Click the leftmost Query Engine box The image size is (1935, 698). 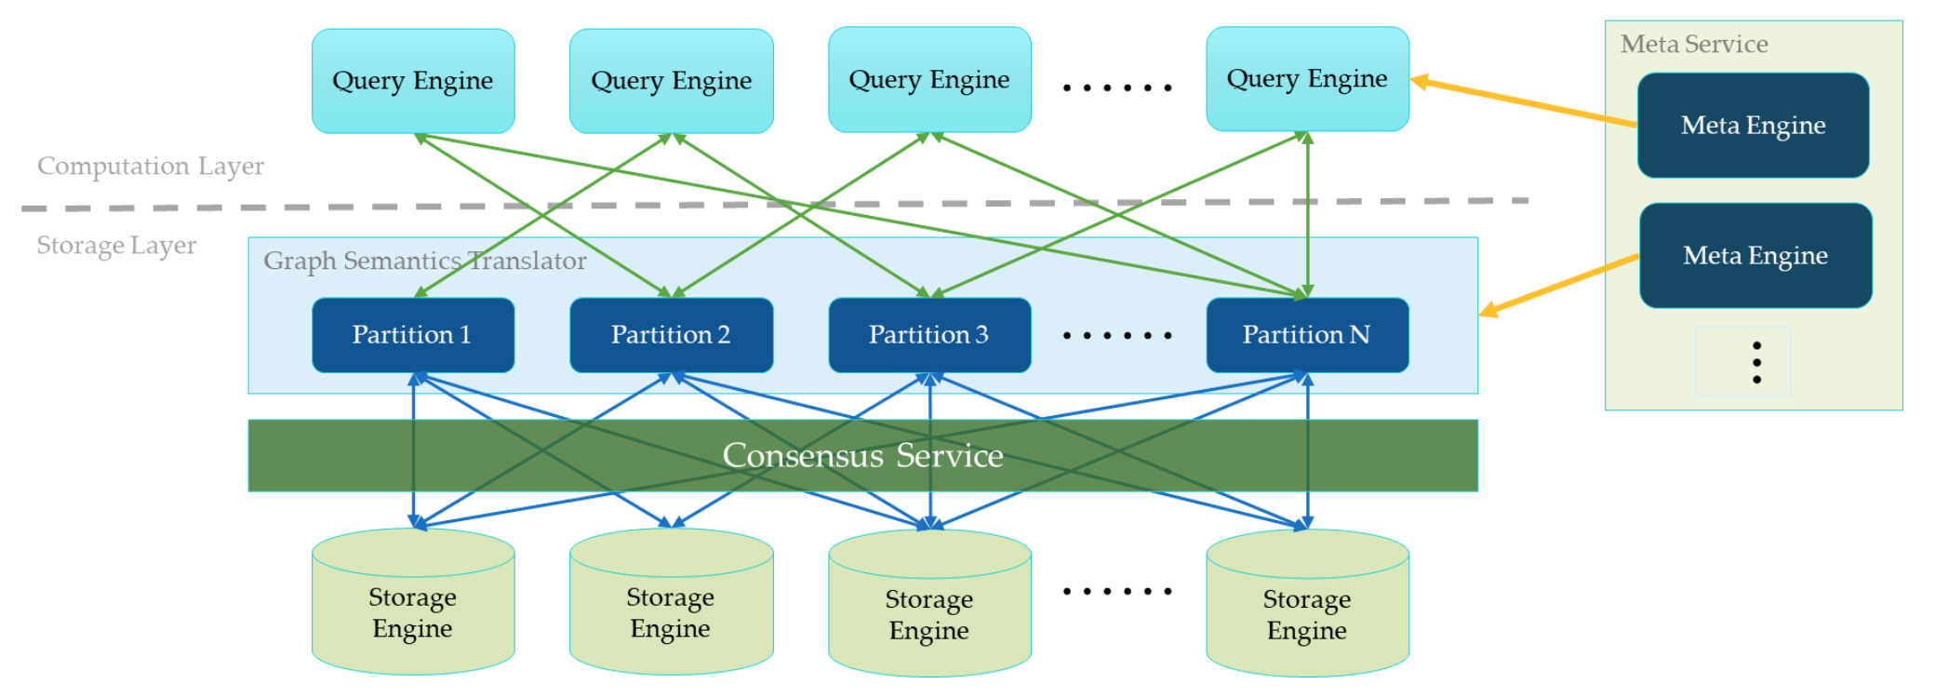pyautogui.click(x=413, y=81)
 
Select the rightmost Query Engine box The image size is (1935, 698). pyautogui.click(x=1307, y=79)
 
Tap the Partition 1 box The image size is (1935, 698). pyautogui.click(x=413, y=335)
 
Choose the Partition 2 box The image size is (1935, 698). pyautogui.click(x=671, y=335)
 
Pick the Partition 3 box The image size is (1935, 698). pyautogui.click(x=929, y=335)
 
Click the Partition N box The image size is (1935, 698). pyautogui.click(x=1307, y=335)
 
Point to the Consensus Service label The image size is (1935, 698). pyautogui.click(x=862, y=455)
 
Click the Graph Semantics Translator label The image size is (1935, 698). pyautogui.click(x=424, y=261)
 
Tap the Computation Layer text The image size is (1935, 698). pyautogui.click(x=151, y=166)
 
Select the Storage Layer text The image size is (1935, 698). pyautogui.click(x=116, y=245)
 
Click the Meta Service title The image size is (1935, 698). pyautogui.click(x=1694, y=44)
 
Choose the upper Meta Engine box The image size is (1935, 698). pyautogui.click(x=1754, y=126)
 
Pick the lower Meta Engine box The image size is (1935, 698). pyautogui.click(x=1755, y=256)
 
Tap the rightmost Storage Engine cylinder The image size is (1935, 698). pyautogui.click(x=1307, y=605)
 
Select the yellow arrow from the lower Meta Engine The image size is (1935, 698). pyautogui.click(x=1559, y=285)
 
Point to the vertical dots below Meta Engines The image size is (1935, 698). pyautogui.click(x=1756, y=362)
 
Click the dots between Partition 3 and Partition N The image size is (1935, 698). pyautogui.click(x=1117, y=335)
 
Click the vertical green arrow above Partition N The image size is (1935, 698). pyautogui.click(x=1308, y=214)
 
